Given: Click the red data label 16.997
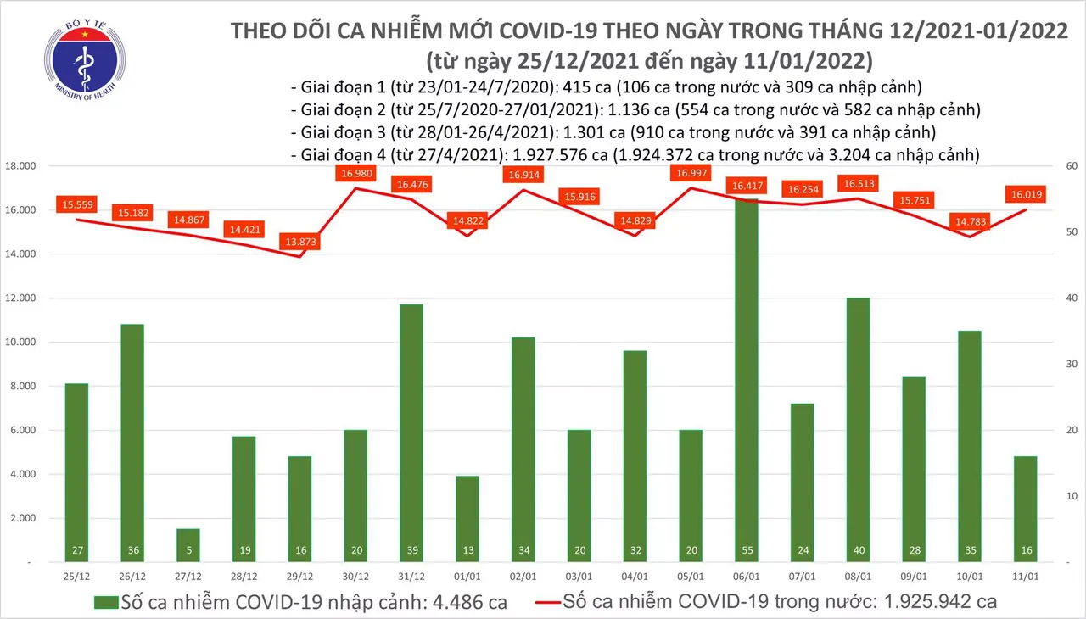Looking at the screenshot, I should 692,174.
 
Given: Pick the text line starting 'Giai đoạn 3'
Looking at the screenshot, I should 613,132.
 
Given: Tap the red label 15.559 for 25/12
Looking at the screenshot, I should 78,204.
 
